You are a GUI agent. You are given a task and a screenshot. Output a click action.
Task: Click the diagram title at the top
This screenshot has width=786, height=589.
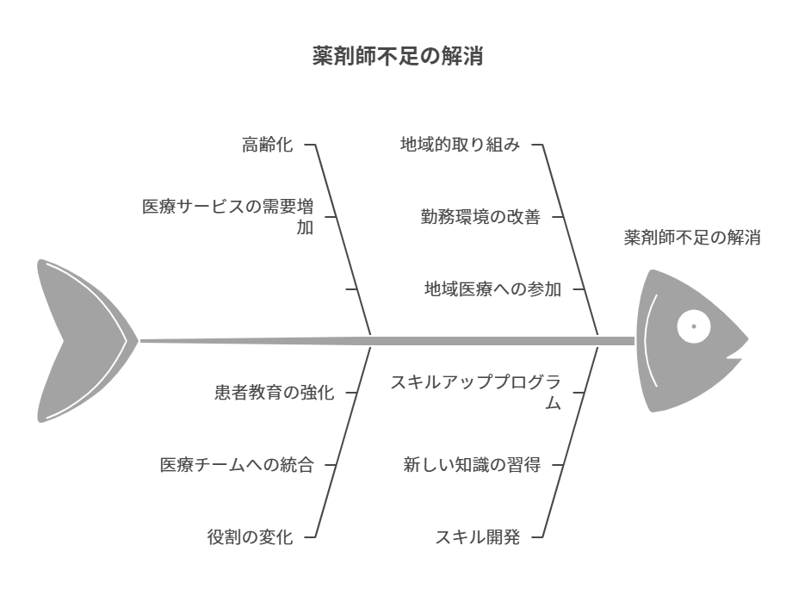pyautogui.click(x=397, y=58)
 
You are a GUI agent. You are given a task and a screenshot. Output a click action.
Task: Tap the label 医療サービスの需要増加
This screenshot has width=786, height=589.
pyautogui.click(x=228, y=216)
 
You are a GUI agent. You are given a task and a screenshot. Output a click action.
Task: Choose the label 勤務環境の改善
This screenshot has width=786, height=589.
pyautogui.click(x=480, y=217)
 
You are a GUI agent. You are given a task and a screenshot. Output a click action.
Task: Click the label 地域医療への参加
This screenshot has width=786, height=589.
pyautogui.click(x=492, y=289)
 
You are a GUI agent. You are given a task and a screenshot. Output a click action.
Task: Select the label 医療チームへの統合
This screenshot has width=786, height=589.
pyautogui.click(x=237, y=465)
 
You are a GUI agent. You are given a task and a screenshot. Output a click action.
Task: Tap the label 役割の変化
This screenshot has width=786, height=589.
pyautogui.click(x=250, y=537)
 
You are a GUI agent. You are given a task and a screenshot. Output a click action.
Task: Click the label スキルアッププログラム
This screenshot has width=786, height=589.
pyautogui.click(x=475, y=392)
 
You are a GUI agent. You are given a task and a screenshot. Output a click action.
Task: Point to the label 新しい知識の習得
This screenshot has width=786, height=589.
pyautogui.click(x=472, y=465)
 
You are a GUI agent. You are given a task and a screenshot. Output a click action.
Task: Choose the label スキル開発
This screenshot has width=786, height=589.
pyautogui.click(x=477, y=537)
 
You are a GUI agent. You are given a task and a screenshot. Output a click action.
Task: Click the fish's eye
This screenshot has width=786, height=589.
pyautogui.click(x=694, y=325)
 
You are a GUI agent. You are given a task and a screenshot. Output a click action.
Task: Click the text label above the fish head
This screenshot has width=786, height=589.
pyautogui.click(x=691, y=239)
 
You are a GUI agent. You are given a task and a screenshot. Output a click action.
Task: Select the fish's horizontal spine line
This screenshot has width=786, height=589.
pyautogui.click(x=387, y=340)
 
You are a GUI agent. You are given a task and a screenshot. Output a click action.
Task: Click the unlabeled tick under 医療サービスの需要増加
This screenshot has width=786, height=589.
pyautogui.click(x=351, y=289)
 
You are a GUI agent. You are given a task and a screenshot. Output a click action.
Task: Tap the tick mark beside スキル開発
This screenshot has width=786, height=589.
pyautogui.click(x=537, y=537)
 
